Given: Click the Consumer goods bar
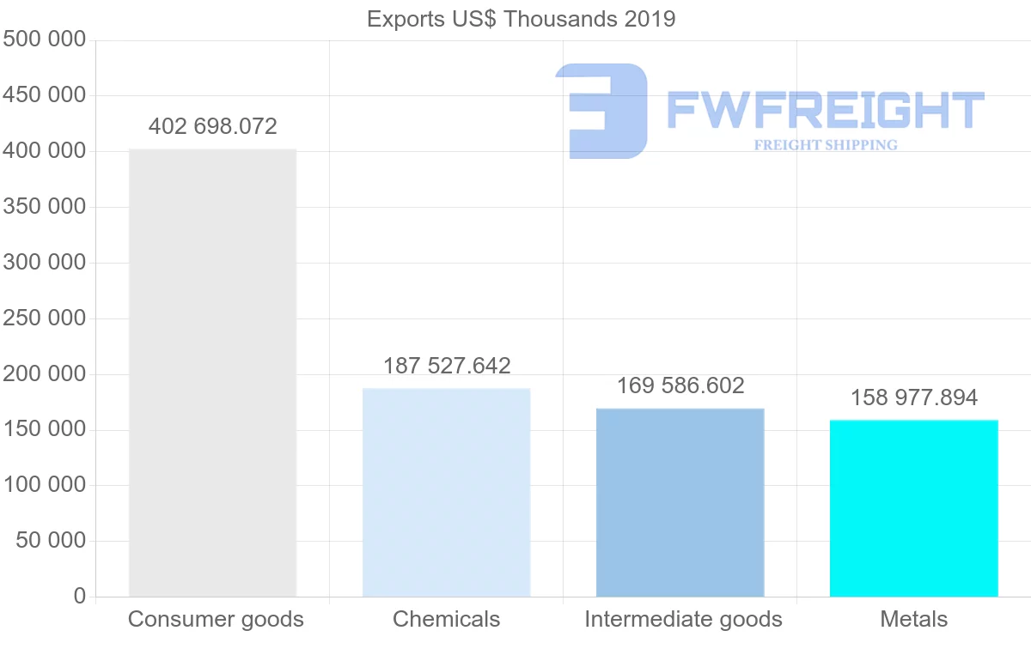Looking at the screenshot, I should pyautogui.click(x=212, y=373).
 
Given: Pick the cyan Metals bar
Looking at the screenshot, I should pyautogui.click(x=913, y=508).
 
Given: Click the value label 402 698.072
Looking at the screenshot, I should pyautogui.click(x=212, y=127).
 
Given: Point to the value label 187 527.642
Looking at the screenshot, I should pyautogui.click(x=447, y=366).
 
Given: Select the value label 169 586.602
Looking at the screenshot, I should pyautogui.click(x=680, y=385).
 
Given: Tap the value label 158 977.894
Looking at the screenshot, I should pyautogui.click(x=914, y=397).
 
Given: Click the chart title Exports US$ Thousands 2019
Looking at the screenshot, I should pyautogui.click(x=521, y=19).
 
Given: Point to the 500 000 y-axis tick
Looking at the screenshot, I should pyautogui.click(x=44, y=39).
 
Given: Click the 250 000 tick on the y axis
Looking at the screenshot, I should pyautogui.click(x=44, y=318).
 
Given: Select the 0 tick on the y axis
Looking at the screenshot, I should pyautogui.click(x=79, y=596).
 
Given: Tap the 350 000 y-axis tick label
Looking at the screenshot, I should pyautogui.click(x=44, y=207).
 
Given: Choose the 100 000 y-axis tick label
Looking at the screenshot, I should pyautogui.click(x=44, y=485).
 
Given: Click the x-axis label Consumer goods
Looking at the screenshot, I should pyautogui.click(x=216, y=619).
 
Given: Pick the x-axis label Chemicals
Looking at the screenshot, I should pyautogui.click(x=446, y=619).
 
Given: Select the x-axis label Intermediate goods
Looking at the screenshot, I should pyautogui.click(x=683, y=619).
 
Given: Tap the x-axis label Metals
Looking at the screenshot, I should pyautogui.click(x=913, y=619).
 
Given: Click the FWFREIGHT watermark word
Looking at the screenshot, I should pyautogui.click(x=825, y=110).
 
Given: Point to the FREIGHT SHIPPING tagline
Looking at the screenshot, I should pyautogui.click(x=825, y=145).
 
